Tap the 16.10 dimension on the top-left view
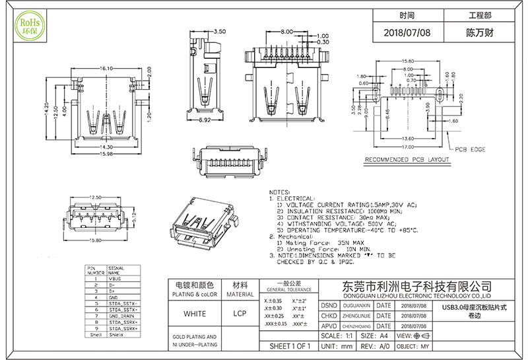tap(108, 68)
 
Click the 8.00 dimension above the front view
tap(286, 32)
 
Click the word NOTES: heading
tap(280, 192)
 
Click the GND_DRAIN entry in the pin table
tap(123, 316)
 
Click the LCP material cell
tap(240, 314)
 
